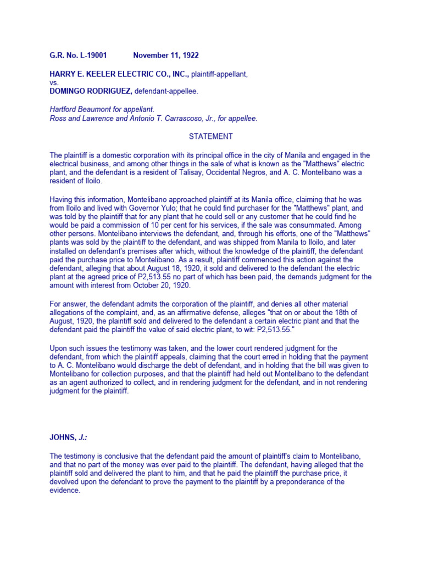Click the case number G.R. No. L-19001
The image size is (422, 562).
[78, 55]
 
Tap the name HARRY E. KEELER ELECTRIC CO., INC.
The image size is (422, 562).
[119, 74]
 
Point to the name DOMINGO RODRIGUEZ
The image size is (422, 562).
[90, 91]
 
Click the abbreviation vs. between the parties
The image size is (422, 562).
[54, 83]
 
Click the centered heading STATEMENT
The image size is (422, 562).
[211, 136]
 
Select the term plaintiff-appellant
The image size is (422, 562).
[219, 74]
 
